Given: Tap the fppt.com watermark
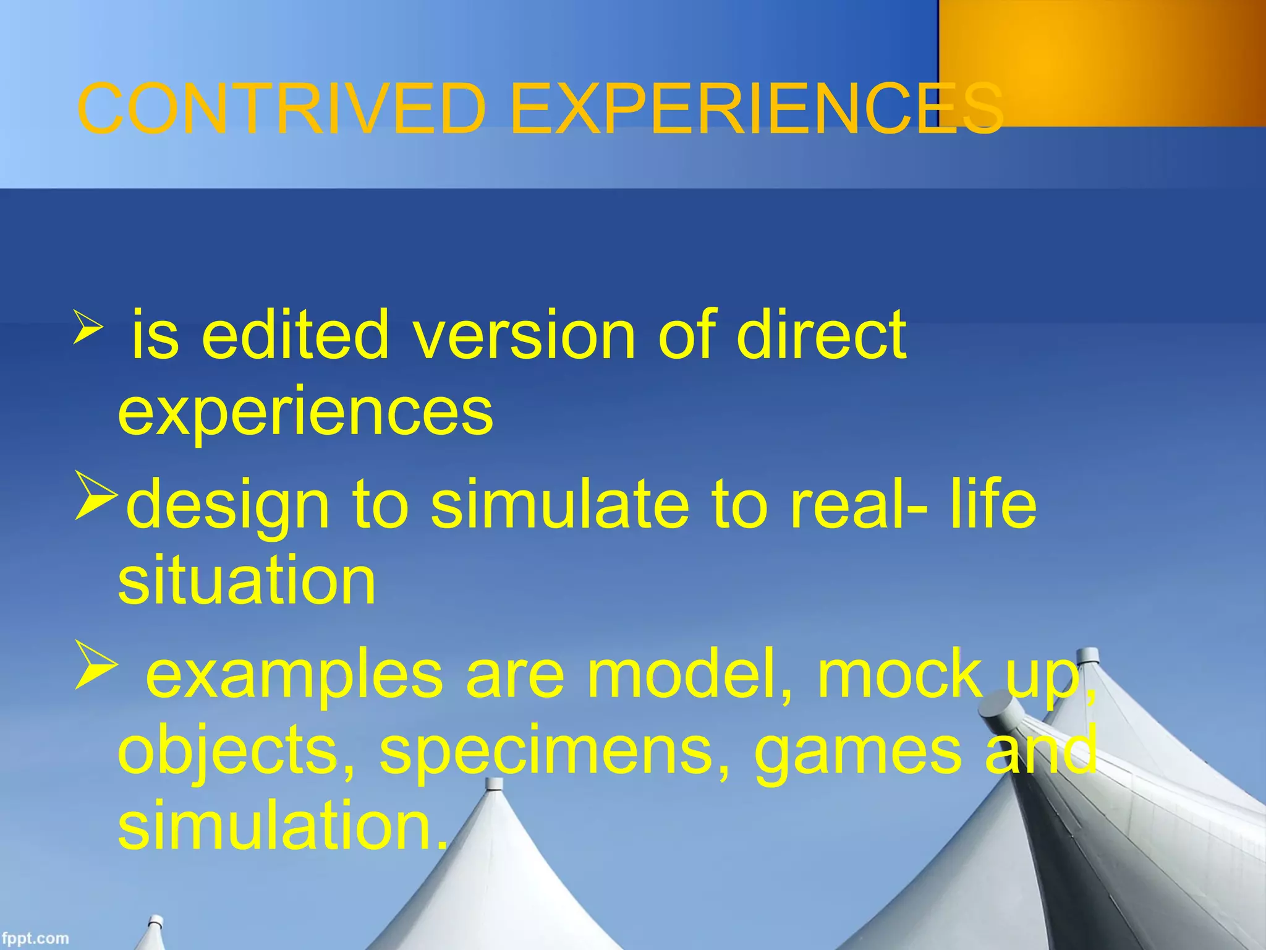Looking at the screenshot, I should click(x=35, y=938).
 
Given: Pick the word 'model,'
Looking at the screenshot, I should click(x=690, y=674).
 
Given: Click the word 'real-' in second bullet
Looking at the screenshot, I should click(x=859, y=504).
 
